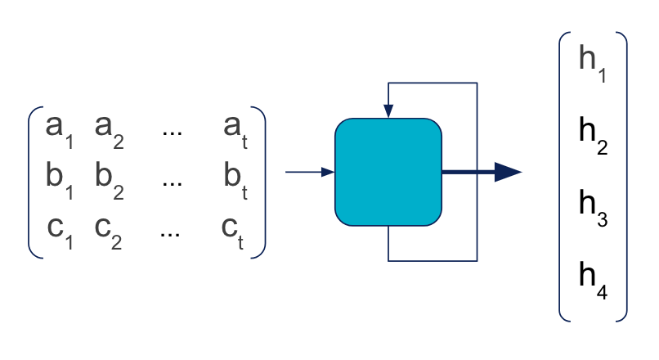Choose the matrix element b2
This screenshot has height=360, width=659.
click(x=110, y=178)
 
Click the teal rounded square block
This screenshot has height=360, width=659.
click(x=388, y=172)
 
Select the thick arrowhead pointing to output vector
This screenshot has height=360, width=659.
click(x=508, y=172)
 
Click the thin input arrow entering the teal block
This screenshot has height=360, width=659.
click(x=309, y=172)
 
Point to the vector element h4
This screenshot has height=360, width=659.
click(x=593, y=279)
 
